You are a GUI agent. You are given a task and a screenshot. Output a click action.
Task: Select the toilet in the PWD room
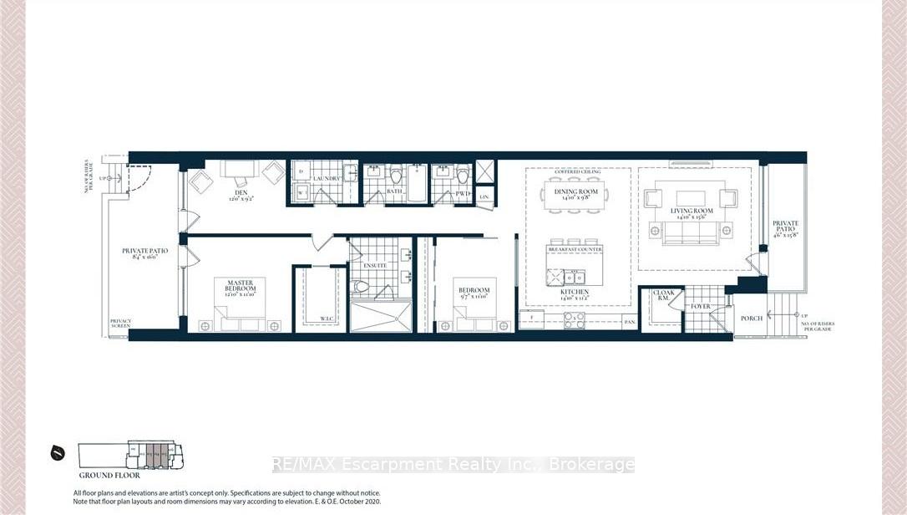tap(441, 176)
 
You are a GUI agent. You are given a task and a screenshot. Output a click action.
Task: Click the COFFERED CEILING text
tap(578, 172)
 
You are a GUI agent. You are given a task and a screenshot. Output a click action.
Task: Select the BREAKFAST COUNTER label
tap(575, 249)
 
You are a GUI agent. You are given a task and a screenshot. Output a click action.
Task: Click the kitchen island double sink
tap(573, 276)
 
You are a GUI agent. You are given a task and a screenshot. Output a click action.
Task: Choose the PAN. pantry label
tap(628, 321)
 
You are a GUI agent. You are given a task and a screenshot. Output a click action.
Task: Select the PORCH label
tap(752, 319)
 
